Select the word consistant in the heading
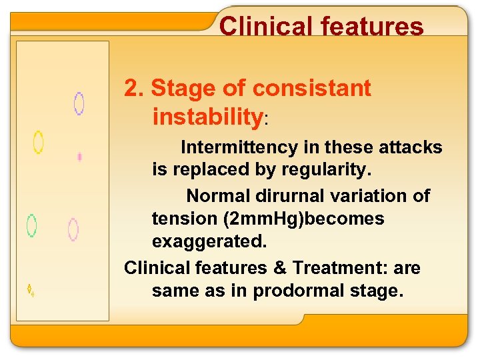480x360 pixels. (312, 88)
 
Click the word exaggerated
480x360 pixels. (209, 242)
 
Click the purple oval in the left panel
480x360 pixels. (79, 103)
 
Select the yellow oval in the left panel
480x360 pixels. (39, 142)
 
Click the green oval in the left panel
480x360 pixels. (31, 225)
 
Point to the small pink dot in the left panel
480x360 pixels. (79, 157)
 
